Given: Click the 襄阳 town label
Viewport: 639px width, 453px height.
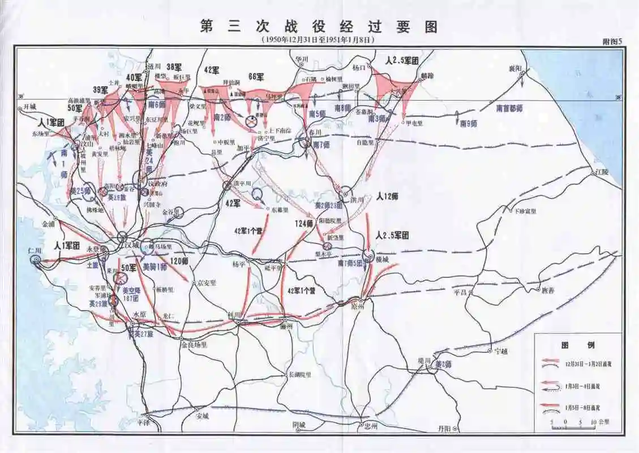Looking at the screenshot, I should click(514, 69).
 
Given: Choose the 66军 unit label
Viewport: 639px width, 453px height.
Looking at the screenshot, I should click(256, 76).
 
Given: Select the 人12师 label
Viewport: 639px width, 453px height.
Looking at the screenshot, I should click(388, 196).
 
